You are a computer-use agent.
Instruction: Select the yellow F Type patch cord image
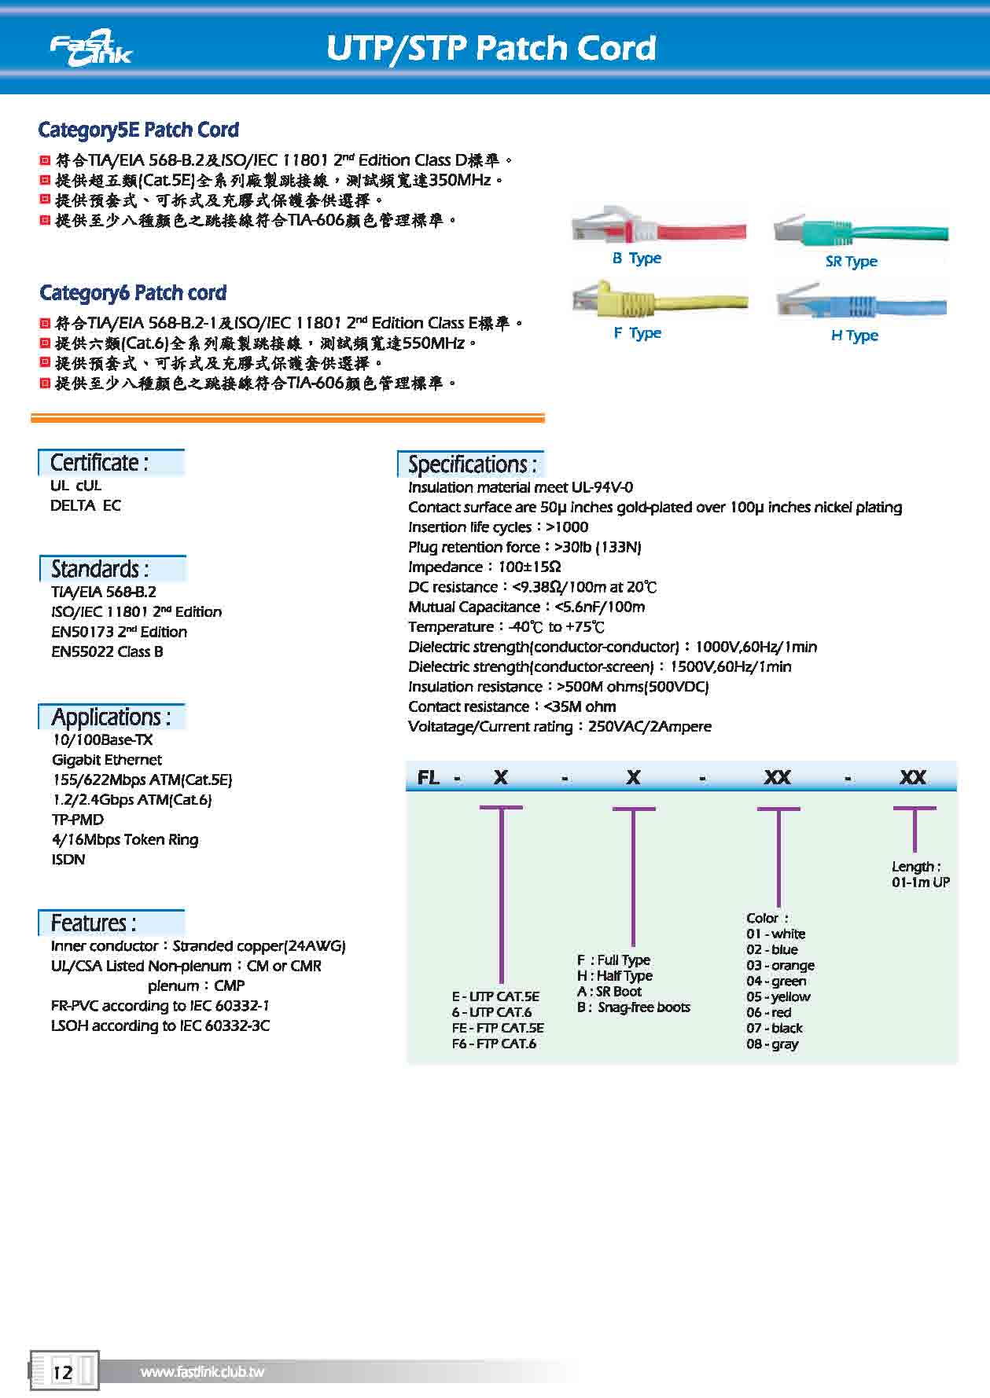coord(660,299)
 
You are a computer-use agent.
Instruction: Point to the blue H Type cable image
coord(862,303)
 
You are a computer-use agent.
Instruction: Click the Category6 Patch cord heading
coord(133,293)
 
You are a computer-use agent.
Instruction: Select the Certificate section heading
coord(99,462)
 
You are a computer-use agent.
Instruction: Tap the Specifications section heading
coord(472,464)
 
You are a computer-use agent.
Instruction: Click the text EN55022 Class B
coord(107,651)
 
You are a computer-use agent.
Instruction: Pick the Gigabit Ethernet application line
coord(107,760)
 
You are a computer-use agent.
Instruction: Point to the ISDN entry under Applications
coord(68,859)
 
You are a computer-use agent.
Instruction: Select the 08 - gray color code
coord(772,1044)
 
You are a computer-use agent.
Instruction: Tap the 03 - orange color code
coord(780,965)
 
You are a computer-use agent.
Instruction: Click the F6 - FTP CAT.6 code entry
coord(494,1044)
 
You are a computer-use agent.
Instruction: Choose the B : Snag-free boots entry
coord(634,1007)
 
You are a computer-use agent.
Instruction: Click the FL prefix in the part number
coord(428,777)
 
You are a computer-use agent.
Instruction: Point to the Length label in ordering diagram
coord(916,866)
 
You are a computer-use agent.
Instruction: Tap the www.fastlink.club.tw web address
coord(202,1372)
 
